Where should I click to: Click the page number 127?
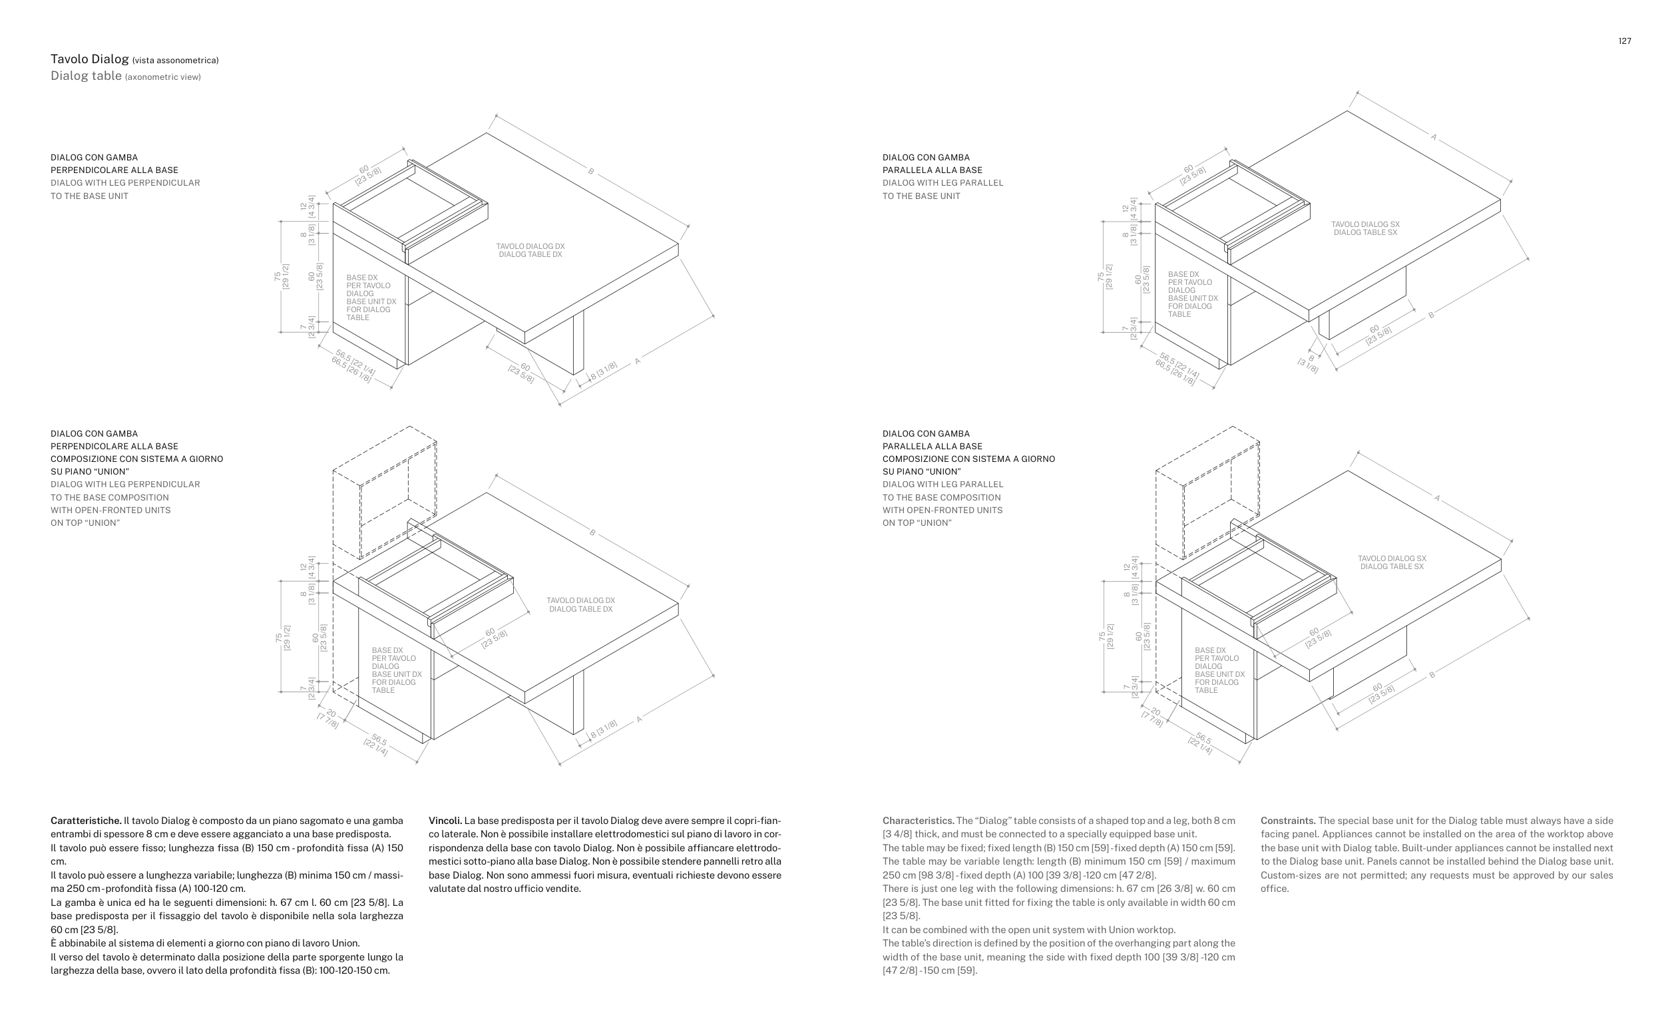pyautogui.click(x=1625, y=41)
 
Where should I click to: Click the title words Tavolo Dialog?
pyautogui.click(x=89, y=59)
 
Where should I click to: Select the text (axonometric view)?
pyautogui.click(x=163, y=77)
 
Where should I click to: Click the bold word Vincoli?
pyautogui.click(x=445, y=820)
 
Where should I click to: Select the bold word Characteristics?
pyautogui.click(x=918, y=820)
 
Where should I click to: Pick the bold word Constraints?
pyautogui.click(x=1288, y=820)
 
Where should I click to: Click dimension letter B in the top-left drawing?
pyautogui.click(x=591, y=171)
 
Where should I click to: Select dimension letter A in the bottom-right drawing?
pyautogui.click(x=1436, y=499)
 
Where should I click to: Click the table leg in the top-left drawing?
pyautogui.click(x=577, y=341)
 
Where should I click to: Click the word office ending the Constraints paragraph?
pyautogui.click(x=1274, y=889)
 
